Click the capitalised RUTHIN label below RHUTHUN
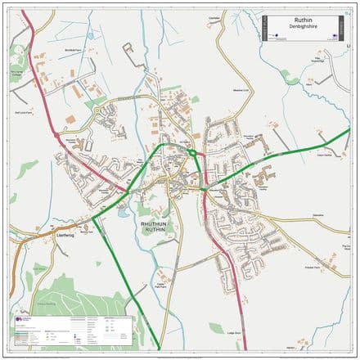click(x=155, y=232)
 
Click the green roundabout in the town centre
click(x=192, y=152)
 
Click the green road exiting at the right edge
click(x=340, y=134)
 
